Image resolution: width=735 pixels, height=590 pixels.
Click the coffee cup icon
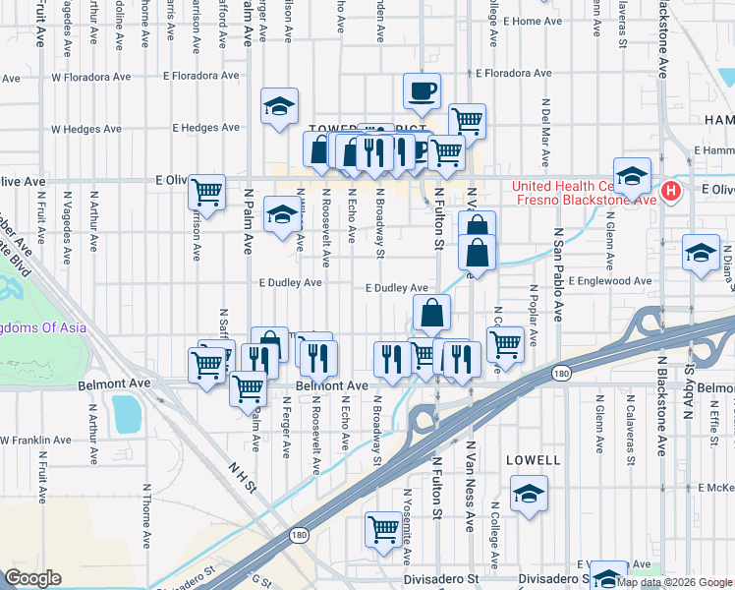pos(422,91)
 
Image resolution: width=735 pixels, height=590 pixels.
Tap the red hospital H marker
pos(671,191)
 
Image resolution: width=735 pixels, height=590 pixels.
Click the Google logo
pos(32,578)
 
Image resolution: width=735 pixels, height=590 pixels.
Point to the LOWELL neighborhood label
pos(533,459)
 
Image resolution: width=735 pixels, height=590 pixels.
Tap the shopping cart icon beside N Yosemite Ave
pos(382,528)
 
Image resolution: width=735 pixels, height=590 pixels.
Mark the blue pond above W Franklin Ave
pos(127,414)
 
